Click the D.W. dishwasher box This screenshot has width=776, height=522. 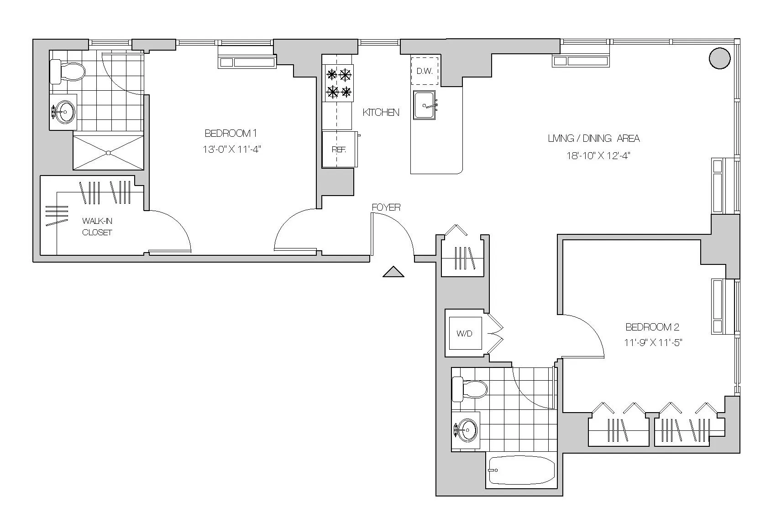[x=425, y=71]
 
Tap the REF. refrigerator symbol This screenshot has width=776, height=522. [x=339, y=150]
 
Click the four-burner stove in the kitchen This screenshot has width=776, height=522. [x=339, y=83]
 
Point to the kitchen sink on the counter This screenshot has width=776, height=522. [x=425, y=105]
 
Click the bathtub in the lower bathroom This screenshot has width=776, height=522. [x=521, y=470]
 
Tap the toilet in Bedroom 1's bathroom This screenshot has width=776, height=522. [x=68, y=72]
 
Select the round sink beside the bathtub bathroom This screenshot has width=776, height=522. [x=466, y=429]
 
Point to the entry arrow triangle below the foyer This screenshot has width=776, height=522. [x=393, y=272]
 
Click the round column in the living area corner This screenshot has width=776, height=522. [x=720, y=58]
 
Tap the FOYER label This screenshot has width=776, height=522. [x=386, y=207]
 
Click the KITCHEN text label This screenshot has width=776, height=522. [x=381, y=112]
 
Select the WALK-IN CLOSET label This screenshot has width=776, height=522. [x=97, y=227]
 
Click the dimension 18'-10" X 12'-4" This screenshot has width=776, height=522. [x=595, y=156]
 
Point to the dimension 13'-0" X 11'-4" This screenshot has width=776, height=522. [x=231, y=150]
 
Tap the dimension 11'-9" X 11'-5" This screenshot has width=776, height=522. [x=653, y=343]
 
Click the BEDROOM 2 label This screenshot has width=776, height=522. [x=652, y=327]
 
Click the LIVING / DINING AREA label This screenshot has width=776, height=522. [x=594, y=139]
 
